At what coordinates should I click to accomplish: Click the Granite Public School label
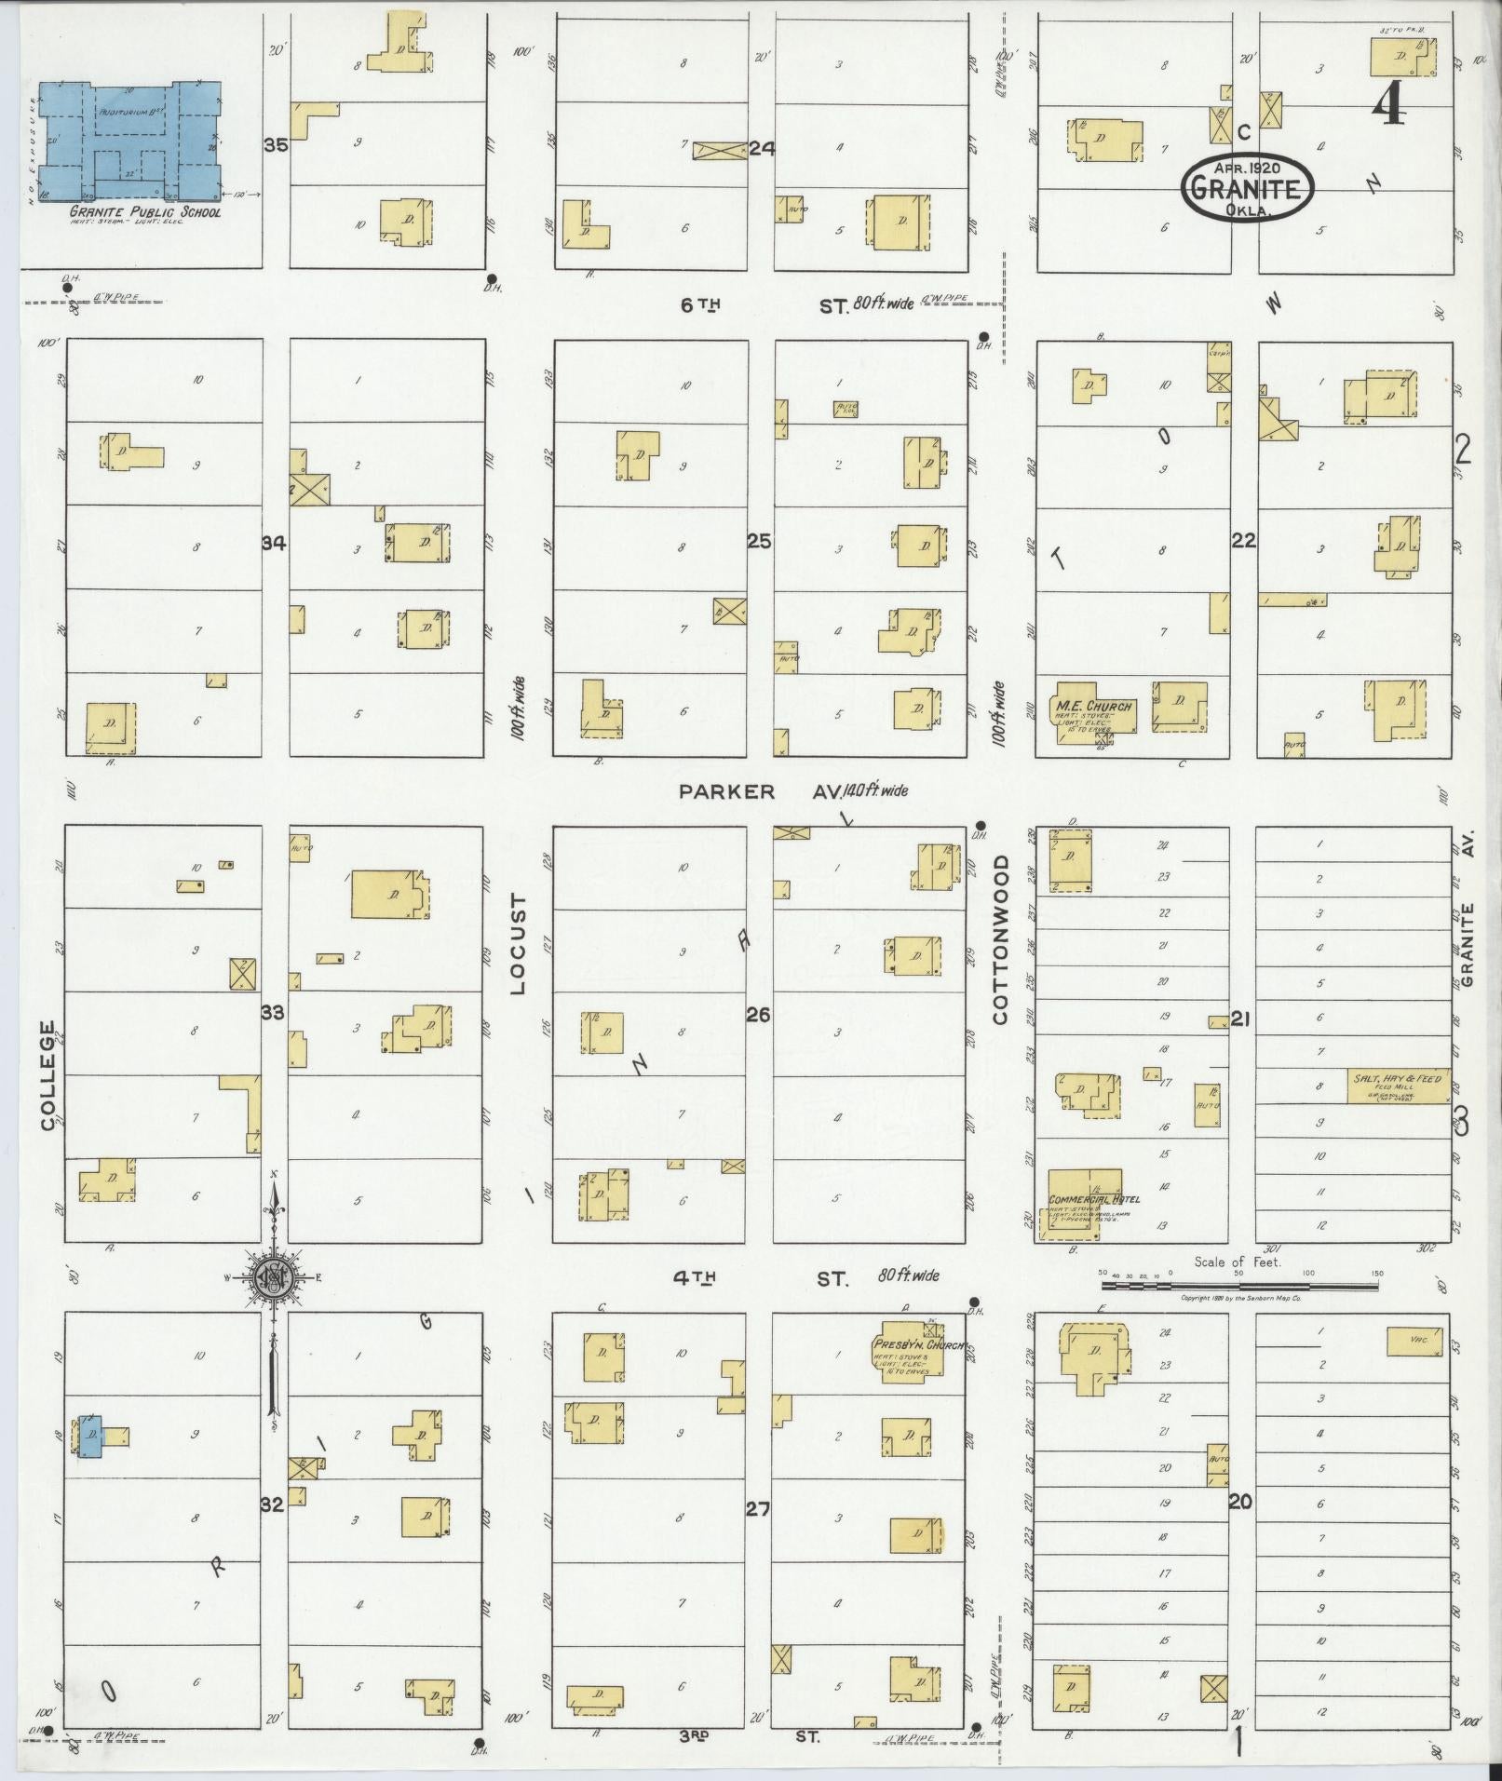pos(144,212)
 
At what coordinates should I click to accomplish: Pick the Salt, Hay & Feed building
pos(1397,1085)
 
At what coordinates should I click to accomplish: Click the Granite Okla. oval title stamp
pos(1247,189)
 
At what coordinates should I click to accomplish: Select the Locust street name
pos(518,944)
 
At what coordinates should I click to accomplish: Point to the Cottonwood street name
pos(1001,940)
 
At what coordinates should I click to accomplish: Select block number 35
pos(276,145)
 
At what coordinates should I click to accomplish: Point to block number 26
pos(759,1015)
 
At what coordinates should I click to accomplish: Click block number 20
pos(1240,1502)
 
